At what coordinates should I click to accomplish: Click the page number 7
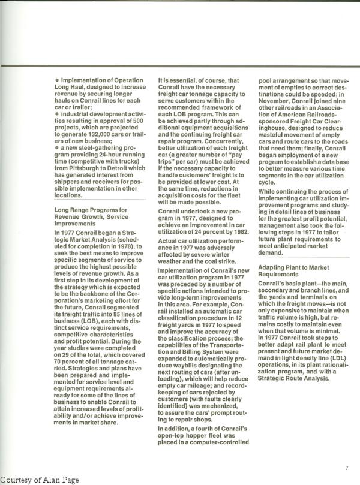[x=347, y=468]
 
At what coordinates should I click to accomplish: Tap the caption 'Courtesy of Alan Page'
[x=40, y=480]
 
